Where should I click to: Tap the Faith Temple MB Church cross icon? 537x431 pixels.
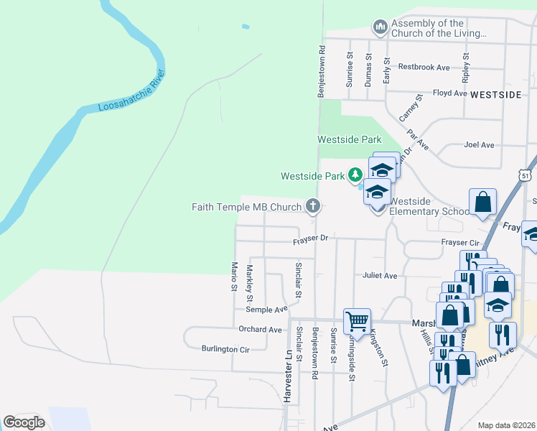(x=312, y=207)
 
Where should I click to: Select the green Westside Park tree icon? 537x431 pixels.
(x=355, y=175)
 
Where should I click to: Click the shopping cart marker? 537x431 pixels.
(x=357, y=321)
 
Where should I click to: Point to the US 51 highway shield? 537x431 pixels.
(x=526, y=175)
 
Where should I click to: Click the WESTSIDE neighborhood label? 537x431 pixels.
(x=495, y=94)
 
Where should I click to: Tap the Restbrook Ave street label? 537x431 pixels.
(x=424, y=68)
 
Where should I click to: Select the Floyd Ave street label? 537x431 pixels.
(x=450, y=93)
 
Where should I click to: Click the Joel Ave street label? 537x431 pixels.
(x=479, y=144)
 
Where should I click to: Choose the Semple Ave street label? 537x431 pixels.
(x=266, y=310)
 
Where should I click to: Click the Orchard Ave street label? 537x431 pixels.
(x=260, y=330)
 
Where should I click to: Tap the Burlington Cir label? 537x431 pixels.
(x=225, y=349)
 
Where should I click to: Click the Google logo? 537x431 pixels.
(x=24, y=422)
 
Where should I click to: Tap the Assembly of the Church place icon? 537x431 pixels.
(x=380, y=28)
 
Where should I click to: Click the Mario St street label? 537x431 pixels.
(x=233, y=277)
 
